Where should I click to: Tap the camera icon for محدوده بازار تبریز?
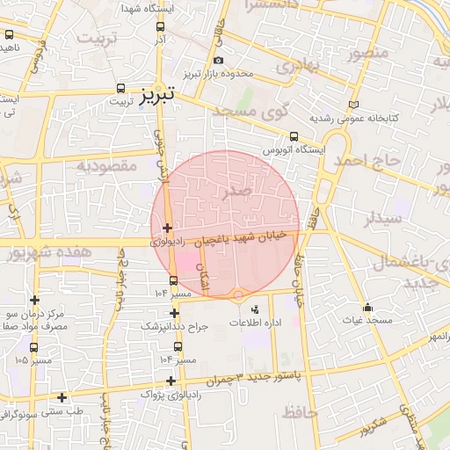(x=218, y=60)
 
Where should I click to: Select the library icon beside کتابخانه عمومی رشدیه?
(x=354, y=105)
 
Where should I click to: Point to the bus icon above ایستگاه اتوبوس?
(x=294, y=136)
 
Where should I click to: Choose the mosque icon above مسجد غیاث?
(x=367, y=308)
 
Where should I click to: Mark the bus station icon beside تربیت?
(x=120, y=89)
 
